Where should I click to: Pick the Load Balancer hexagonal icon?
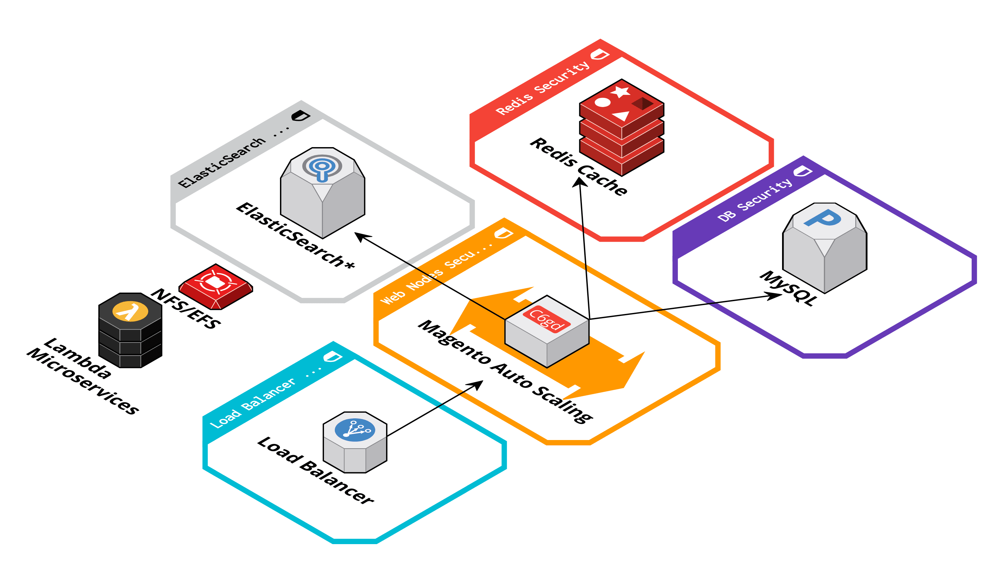pos(355,442)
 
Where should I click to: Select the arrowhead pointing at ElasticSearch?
pos(360,236)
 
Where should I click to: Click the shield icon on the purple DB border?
pos(802,171)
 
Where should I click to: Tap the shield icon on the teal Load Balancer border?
pos(333,357)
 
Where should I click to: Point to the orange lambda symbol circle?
pos(130,312)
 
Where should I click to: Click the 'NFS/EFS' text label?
pos(186,309)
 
